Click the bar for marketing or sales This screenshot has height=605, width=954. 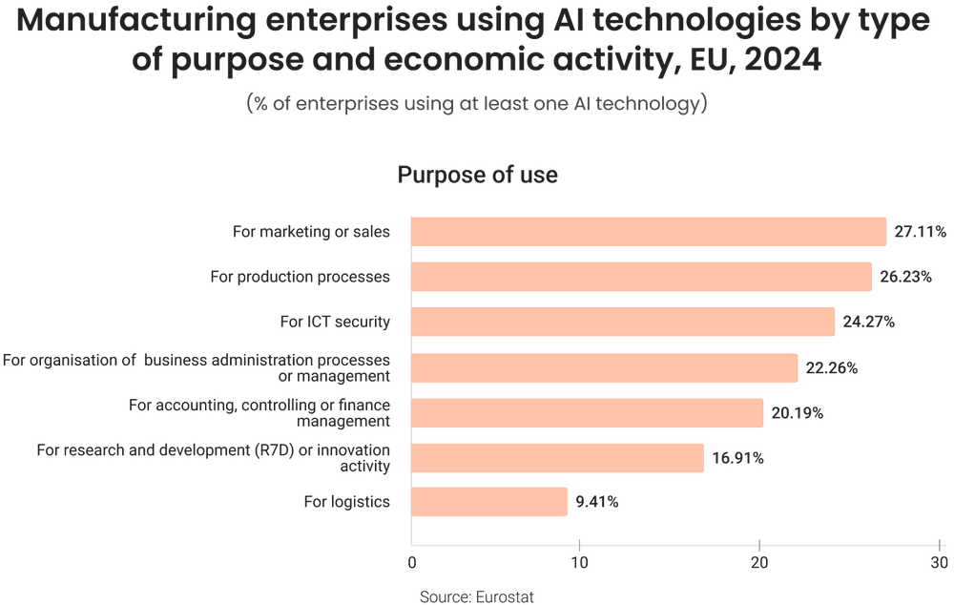(649, 232)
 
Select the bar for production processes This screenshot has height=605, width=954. (642, 277)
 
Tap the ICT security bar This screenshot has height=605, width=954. (623, 322)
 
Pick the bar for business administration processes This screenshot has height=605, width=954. (605, 367)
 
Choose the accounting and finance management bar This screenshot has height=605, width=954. (588, 412)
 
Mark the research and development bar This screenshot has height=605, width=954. (557, 458)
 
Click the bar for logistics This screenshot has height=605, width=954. (489, 502)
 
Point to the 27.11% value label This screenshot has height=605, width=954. (920, 232)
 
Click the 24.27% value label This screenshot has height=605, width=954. (868, 322)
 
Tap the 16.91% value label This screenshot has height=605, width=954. (737, 459)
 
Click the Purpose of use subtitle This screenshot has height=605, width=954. (477, 176)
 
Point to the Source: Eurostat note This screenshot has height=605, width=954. (477, 596)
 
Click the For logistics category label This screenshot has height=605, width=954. (347, 502)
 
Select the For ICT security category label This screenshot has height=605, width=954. (335, 322)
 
